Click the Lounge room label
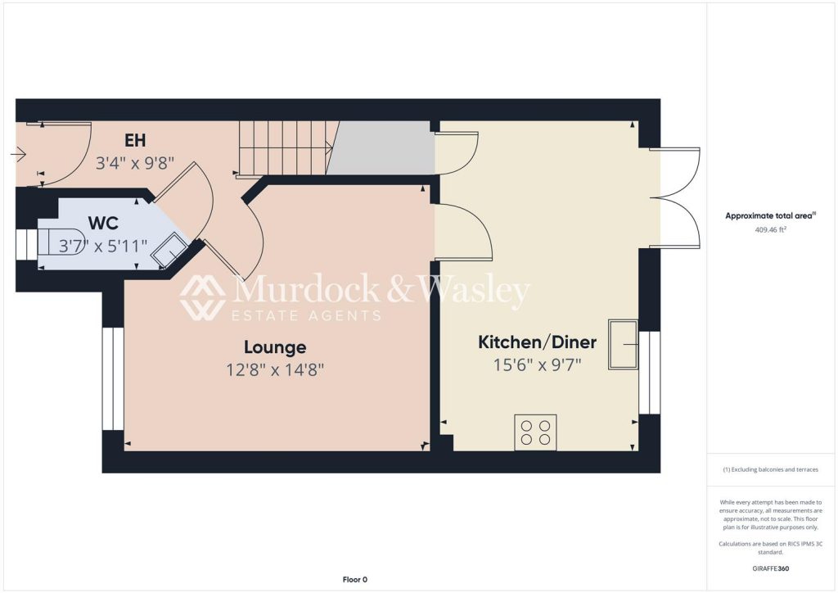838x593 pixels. pyautogui.click(x=275, y=347)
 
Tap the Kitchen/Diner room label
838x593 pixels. pyautogui.click(x=537, y=342)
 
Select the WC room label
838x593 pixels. pyautogui.click(x=103, y=223)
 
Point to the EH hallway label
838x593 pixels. pyautogui.click(x=135, y=141)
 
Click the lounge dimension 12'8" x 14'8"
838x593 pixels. pyautogui.click(x=275, y=369)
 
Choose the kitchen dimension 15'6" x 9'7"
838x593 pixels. pyautogui.click(x=537, y=364)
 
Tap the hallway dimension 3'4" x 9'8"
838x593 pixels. pyautogui.click(x=135, y=162)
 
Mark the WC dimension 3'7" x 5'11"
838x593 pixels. pyautogui.click(x=103, y=246)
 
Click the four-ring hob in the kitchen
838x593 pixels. pyautogui.click(x=535, y=432)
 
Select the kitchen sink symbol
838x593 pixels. pyautogui.click(x=623, y=345)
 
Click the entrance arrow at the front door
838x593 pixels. pyautogui.click(x=18, y=155)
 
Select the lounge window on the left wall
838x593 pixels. pyautogui.click(x=113, y=378)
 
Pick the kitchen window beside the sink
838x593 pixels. pyautogui.click(x=650, y=373)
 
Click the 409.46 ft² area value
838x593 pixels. pyautogui.click(x=770, y=230)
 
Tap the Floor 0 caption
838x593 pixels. pyautogui.click(x=355, y=580)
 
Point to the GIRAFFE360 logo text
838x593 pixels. pyautogui.click(x=771, y=568)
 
